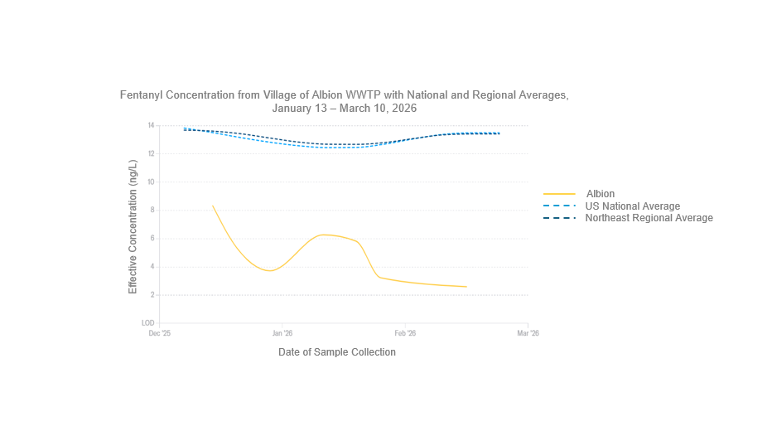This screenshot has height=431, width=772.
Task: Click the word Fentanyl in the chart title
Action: point(142,95)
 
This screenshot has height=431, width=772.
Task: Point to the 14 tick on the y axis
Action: point(151,125)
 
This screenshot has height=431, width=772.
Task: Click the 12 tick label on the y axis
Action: point(151,153)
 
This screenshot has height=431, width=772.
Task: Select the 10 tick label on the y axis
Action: point(151,182)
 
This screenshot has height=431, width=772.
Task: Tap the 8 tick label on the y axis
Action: point(152,211)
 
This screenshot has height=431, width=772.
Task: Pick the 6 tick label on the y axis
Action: point(152,239)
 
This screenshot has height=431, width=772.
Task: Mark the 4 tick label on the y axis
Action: point(152,267)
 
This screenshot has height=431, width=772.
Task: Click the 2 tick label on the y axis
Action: point(152,295)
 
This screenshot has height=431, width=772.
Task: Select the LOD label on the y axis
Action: point(148,323)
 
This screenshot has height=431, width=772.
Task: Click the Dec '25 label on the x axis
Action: point(159,333)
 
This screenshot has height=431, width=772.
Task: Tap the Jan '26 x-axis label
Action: point(282,333)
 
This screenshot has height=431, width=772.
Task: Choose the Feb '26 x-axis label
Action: point(405,333)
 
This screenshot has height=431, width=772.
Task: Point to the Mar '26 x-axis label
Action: point(528,333)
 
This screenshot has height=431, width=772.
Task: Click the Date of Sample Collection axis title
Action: point(337,352)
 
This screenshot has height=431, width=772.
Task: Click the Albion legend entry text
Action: point(601,194)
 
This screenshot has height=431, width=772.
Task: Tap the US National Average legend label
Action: point(633,206)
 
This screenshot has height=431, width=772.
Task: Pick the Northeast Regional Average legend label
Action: point(649,218)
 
